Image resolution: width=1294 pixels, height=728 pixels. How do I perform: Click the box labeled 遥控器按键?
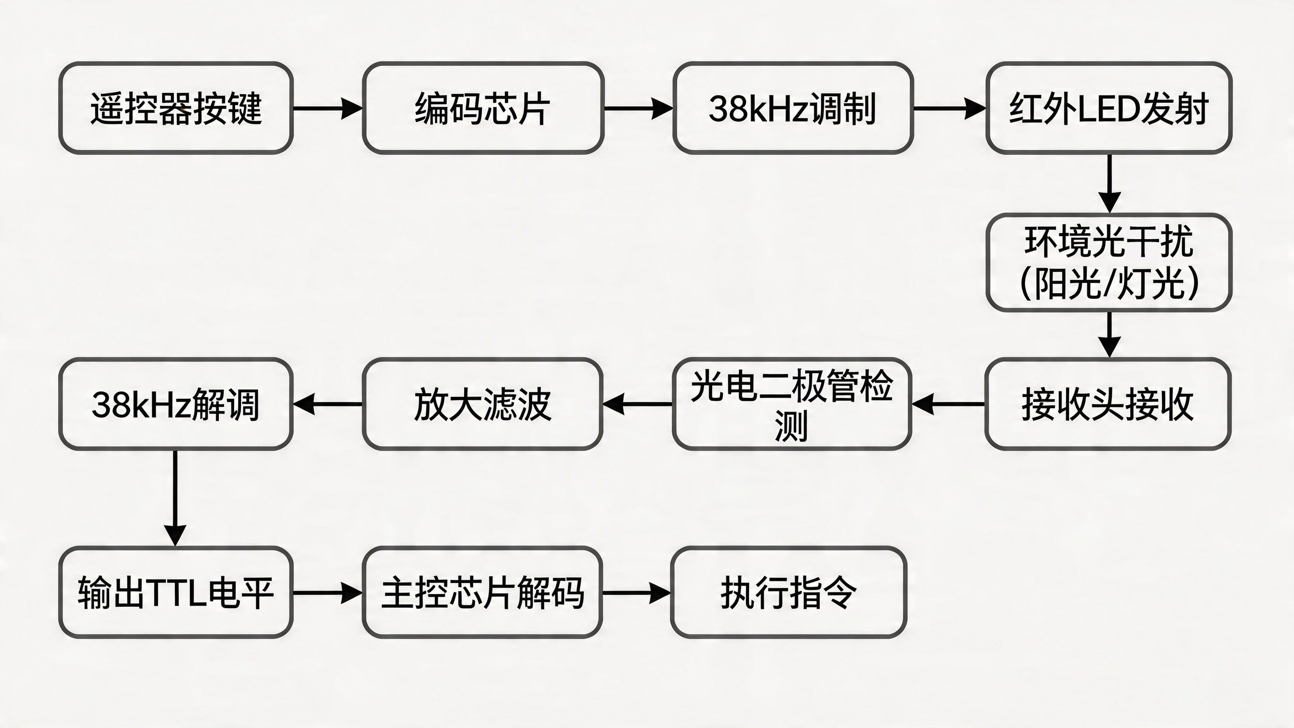(176, 108)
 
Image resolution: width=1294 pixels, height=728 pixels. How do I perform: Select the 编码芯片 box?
(483, 108)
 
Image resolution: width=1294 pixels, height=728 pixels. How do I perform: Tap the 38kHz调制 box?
(793, 108)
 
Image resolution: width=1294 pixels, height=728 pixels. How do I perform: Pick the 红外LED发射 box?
(1108, 108)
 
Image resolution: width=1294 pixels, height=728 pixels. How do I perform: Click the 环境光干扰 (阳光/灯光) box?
(1108, 262)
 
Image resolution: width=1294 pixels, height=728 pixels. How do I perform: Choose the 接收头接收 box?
(1107, 404)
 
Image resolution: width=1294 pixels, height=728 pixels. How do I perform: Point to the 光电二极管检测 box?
(792, 404)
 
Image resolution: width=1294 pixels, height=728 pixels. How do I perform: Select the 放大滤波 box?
(482, 404)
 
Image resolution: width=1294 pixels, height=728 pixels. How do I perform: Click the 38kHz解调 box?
(176, 404)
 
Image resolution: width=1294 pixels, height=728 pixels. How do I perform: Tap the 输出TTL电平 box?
(176, 593)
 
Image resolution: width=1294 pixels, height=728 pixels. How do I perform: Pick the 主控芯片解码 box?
(482, 593)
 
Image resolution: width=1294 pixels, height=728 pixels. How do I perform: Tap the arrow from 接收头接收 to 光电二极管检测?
(948, 404)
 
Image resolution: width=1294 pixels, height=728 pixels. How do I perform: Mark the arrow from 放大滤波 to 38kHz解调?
(328, 404)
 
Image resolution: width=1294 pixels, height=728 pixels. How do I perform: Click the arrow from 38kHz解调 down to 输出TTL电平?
(175, 497)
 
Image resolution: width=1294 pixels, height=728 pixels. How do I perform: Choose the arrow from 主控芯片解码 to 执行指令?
(636, 593)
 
